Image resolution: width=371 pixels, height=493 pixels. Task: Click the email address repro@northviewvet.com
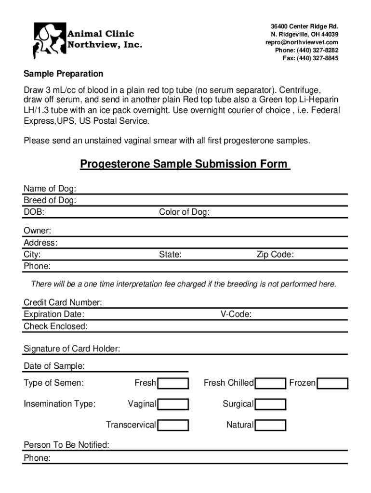302,42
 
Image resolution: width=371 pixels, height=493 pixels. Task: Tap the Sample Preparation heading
64,74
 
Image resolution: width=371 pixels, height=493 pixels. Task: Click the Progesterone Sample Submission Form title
185,164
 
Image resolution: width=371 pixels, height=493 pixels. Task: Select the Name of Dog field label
50,188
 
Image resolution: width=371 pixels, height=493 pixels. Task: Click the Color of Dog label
184,212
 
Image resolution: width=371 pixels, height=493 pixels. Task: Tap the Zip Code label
275,255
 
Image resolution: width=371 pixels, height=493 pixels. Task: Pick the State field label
170,255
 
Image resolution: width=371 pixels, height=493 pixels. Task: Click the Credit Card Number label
63,302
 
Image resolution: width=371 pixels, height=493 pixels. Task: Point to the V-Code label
236,314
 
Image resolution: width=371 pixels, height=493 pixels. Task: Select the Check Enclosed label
55,326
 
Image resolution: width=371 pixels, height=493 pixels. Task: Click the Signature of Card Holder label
72,349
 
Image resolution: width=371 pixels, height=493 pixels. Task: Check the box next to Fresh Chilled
271,383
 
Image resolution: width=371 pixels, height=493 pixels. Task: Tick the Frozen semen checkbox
333,383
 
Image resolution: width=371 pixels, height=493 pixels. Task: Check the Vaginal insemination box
173,404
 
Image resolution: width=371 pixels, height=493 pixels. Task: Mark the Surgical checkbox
271,404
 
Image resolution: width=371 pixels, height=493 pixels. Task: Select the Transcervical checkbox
173,425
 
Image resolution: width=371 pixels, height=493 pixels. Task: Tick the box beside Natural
271,425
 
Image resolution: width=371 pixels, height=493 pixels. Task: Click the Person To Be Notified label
66,445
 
